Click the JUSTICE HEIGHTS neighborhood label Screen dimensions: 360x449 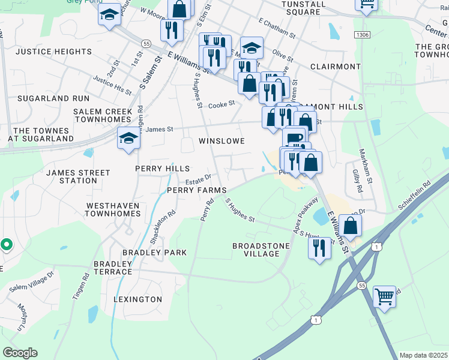53,52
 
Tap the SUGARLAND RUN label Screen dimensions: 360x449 53,98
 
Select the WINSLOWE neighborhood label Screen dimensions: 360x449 221,141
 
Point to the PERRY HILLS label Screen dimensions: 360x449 162,169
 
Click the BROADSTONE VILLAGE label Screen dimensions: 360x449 261,250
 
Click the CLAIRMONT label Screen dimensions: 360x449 336,67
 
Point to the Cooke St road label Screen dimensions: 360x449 221,105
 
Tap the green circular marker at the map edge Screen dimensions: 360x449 6,245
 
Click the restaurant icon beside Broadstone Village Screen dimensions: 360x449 319,247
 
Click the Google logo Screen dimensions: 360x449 20,353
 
